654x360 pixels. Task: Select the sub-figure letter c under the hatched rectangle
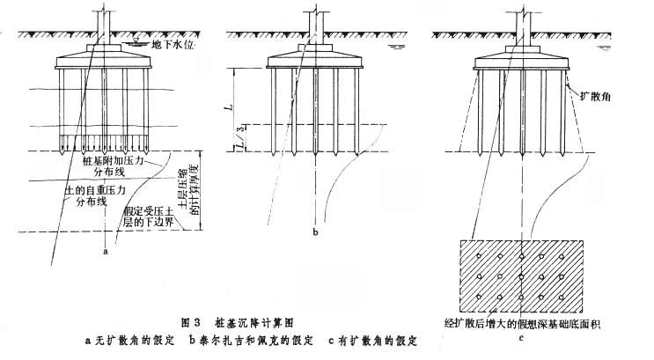[523, 335]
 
